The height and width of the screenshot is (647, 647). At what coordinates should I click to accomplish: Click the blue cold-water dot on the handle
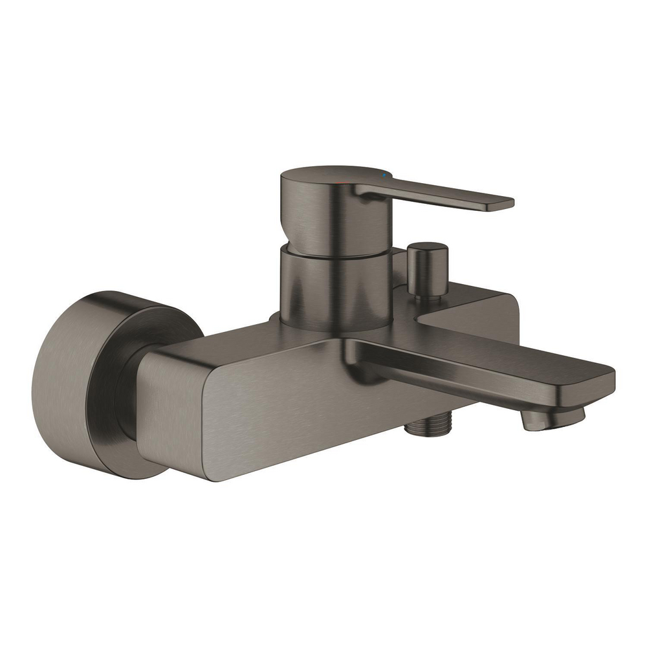pyautogui.click(x=386, y=176)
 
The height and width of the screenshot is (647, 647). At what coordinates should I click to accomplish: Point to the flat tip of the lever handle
pyautogui.click(x=498, y=204)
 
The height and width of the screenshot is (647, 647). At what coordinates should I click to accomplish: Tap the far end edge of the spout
pyautogui.click(x=605, y=382)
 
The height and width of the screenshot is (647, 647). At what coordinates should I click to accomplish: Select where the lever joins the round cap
pyautogui.click(x=362, y=191)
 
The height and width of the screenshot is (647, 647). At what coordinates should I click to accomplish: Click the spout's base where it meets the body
pyautogui.click(x=362, y=353)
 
